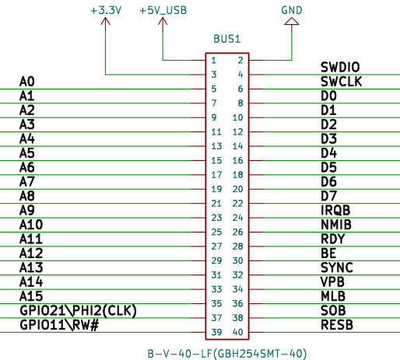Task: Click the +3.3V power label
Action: pyautogui.click(x=106, y=10)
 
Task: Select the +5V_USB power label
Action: pyautogui.click(x=163, y=11)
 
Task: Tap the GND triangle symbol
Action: pyautogui.click(x=292, y=21)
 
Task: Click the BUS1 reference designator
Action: pyautogui.click(x=227, y=39)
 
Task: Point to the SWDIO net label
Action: pyautogui.click(x=340, y=67)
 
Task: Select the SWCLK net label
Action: pyautogui.click(x=341, y=82)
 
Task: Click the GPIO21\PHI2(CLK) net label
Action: pyautogui.click(x=78, y=310)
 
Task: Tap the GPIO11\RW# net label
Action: pyautogui.click(x=59, y=325)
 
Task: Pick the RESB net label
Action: pyautogui.click(x=337, y=325)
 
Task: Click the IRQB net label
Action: pyautogui.click(x=335, y=210)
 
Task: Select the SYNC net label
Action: pyautogui.click(x=337, y=267)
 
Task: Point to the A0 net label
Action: pyautogui.click(x=27, y=82)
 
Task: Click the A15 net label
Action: pyautogui.click(x=31, y=296)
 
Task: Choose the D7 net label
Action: pyautogui.click(x=328, y=196)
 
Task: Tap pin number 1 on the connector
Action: pyautogui.click(x=213, y=61)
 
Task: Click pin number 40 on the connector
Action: pyautogui.click(x=237, y=332)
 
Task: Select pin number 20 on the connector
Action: pyautogui.click(x=237, y=189)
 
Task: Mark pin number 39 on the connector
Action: pyautogui.click(x=216, y=332)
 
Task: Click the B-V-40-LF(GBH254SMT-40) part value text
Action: pyautogui.click(x=227, y=354)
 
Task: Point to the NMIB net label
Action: pyautogui.click(x=336, y=225)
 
